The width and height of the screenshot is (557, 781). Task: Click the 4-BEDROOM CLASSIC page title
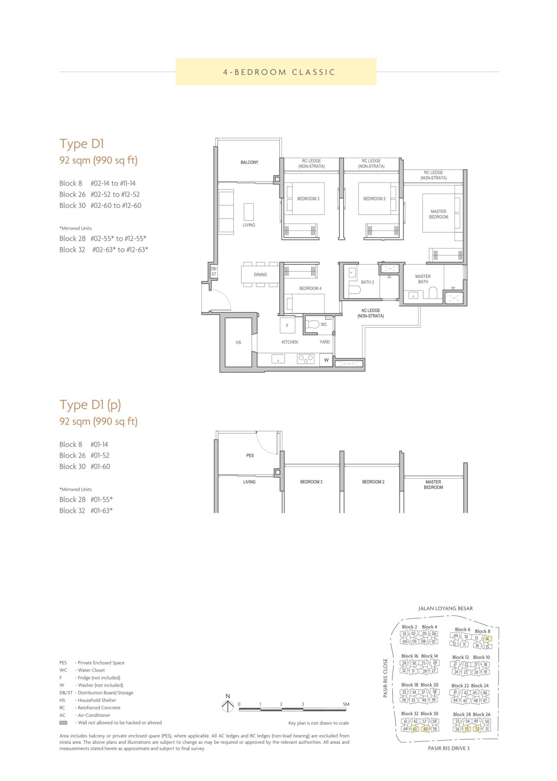279,72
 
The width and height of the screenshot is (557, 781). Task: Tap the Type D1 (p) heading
90,405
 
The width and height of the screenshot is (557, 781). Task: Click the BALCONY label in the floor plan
249,162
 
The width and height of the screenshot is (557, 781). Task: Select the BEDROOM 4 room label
310,288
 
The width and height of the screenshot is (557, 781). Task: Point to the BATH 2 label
367,282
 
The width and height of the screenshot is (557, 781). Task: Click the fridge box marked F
287,326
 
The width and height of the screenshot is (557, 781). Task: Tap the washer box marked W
326,360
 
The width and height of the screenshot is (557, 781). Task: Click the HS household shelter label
238,343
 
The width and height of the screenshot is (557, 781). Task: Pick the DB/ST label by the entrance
214,272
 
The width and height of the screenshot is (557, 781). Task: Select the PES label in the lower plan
250,455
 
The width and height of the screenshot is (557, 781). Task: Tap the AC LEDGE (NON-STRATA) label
371,313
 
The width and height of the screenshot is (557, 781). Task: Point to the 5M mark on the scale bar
346,704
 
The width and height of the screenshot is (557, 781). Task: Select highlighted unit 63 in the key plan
415,729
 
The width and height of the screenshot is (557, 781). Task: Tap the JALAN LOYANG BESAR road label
445,608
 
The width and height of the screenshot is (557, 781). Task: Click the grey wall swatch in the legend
63,723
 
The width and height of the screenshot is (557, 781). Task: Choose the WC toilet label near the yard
323,324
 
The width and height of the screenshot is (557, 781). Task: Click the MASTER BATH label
423,279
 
